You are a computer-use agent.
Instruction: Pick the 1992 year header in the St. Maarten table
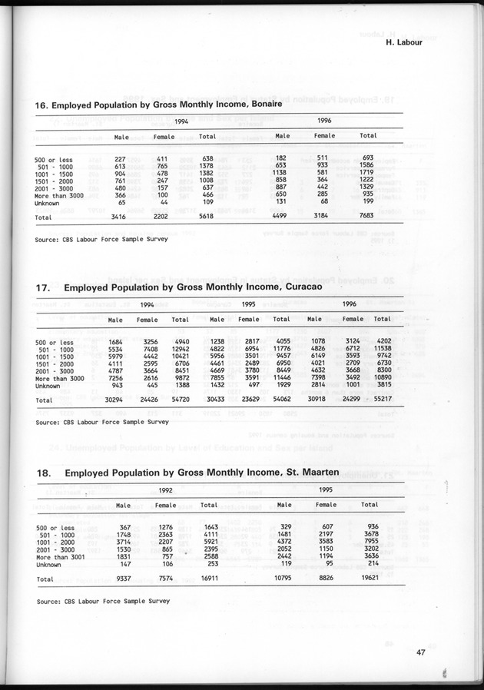[x=164, y=489]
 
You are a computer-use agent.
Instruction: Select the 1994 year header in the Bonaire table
[x=181, y=122]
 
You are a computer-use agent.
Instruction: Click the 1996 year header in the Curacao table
[x=350, y=304]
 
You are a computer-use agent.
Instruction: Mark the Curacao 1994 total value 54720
[x=181, y=400]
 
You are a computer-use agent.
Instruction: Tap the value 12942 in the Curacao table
[x=181, y=349]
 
